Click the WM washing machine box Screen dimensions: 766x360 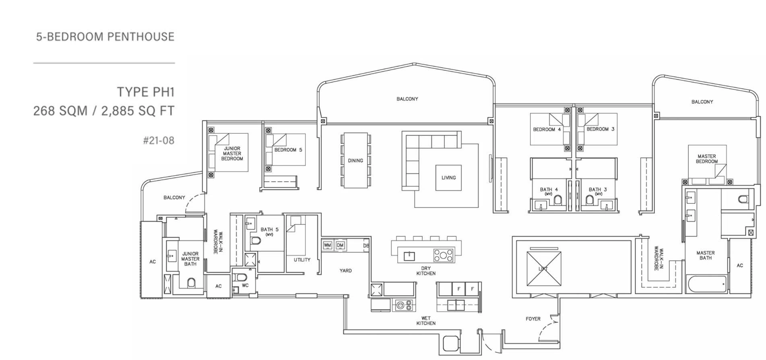point(327,245)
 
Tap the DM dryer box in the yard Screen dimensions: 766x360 point(340,245)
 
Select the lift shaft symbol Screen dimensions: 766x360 point(543,269)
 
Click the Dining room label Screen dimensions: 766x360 point(355,161)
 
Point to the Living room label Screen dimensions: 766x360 point(448,178)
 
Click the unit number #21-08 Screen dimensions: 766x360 point(159,141)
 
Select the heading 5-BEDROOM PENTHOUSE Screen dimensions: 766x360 point(105,37)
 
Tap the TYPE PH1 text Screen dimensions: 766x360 point(146,92)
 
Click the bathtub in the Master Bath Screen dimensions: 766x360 point(707,284)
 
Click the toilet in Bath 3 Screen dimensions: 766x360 point(590,200)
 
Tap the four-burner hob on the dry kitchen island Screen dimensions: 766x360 point(443,255)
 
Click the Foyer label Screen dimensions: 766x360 point(533,319)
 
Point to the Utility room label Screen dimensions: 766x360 point(302,260)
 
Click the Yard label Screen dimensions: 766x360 point(345,271)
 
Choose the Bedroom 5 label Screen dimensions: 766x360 point(288,150)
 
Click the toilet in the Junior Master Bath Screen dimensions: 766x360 point(191,283)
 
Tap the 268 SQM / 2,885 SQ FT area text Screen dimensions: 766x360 point(104,111)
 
